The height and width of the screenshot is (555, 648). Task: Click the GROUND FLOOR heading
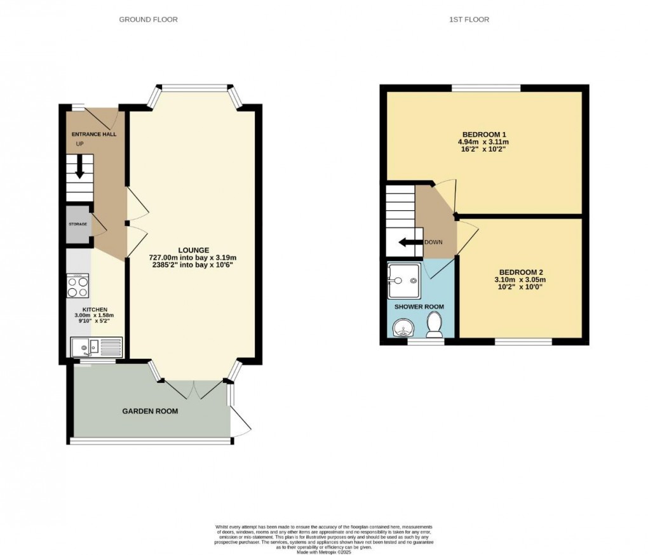[148, 20]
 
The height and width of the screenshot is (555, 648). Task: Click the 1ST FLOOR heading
[469, 20]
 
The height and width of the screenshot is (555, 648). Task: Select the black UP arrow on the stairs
[80, 168]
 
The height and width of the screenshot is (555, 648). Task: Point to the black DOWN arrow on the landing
[410, 242]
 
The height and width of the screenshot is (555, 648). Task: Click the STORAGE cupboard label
[78, 224]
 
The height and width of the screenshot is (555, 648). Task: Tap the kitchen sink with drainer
[96, 346]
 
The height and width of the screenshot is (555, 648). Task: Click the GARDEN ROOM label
[150, 411]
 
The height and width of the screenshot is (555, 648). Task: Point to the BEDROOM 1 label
[483, 135]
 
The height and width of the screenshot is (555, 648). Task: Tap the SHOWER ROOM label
[419, 307]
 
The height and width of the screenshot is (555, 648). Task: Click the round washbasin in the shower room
[402, 328]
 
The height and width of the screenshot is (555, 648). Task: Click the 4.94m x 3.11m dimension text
[484, 142]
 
